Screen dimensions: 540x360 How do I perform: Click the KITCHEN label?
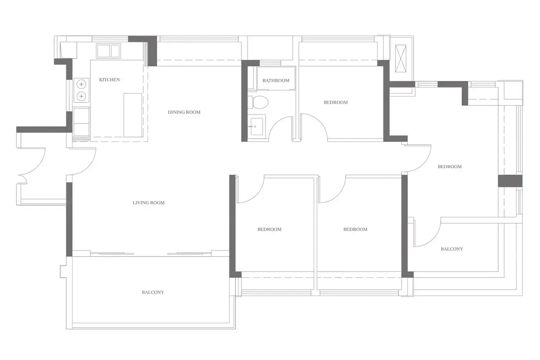[110, 79]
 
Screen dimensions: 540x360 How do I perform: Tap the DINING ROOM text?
[184, 112]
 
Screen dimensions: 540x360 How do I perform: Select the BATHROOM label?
[276, 81]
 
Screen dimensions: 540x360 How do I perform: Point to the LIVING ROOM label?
[148, 203]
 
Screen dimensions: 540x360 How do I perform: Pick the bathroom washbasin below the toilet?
[256, 126]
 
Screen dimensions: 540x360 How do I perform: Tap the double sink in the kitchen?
[108, 51]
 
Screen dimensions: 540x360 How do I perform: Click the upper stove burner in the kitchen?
[81, 84]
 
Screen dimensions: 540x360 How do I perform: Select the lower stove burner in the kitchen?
[81, 96]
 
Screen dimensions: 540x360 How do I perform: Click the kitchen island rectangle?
[133, 115]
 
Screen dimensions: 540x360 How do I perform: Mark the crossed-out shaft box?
[401, 58]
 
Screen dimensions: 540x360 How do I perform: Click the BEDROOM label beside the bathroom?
[336, 103]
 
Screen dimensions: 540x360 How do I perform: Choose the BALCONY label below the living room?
[153, 292]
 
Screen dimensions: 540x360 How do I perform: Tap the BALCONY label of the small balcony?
[452, 249]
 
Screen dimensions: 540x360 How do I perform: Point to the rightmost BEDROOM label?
[450, 167]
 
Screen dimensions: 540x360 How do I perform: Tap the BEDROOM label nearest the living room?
[269, 229]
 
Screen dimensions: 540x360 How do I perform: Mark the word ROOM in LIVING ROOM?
[157, 203]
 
